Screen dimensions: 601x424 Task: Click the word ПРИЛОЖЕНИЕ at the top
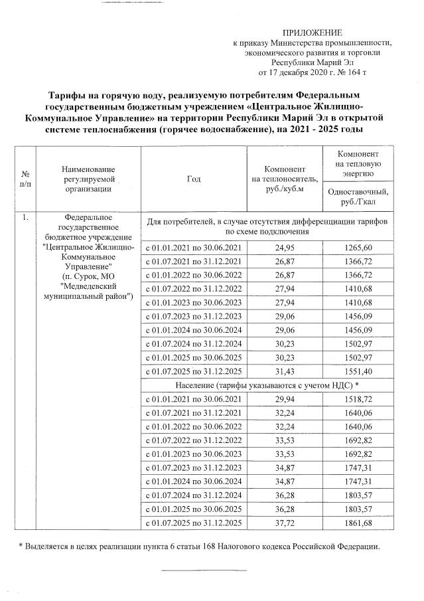click(312, 32)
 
